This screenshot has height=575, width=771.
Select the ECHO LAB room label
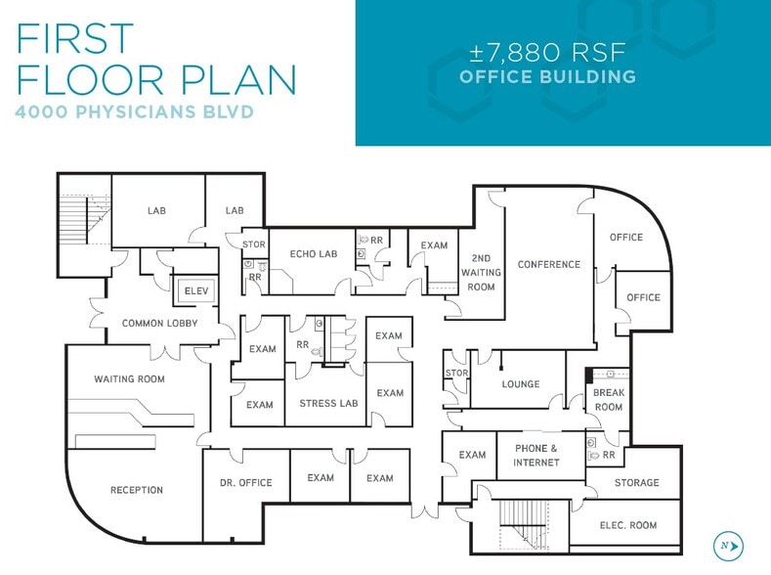point(314,254)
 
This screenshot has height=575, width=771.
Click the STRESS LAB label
point(328,403)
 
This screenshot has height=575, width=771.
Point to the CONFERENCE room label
point(549,264)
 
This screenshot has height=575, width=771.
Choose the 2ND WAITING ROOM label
point(482,273)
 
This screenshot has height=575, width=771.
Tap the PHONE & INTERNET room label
point(536,455)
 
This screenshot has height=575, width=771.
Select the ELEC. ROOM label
point(627,525)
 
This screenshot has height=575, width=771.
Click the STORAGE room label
point(636,482)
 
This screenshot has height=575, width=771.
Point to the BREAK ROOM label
point(608,400)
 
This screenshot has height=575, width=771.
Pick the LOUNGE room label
point(521,384)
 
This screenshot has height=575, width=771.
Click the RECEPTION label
point(137,490)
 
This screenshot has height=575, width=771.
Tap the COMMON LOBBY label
point(159,323)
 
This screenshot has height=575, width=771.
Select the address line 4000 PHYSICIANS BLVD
point(135,111)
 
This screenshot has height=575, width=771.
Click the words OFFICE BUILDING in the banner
point(547,76)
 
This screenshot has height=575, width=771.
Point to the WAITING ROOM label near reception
point(129,378)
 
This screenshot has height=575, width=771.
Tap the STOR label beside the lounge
point(456,373)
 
